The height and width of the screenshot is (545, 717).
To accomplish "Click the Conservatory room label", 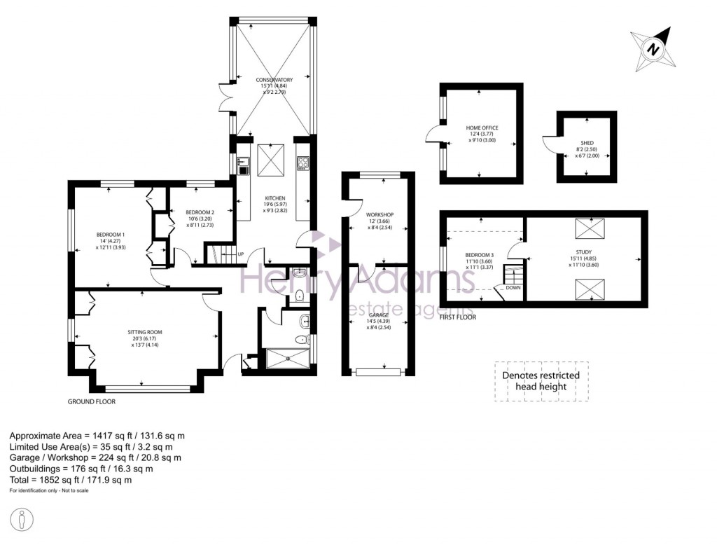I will [x=274, y=80].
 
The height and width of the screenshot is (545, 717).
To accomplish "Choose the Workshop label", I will [x=380, y=214].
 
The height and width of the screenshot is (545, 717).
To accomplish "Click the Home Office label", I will [x=482, y=127].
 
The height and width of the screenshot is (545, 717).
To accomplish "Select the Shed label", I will [x=587, y=143].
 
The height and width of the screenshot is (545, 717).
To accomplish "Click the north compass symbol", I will [x=652, y=48].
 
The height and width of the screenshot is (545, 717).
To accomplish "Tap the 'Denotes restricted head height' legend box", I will [x=541, y=380].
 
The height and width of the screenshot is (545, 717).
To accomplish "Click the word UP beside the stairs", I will [x=240, y=254].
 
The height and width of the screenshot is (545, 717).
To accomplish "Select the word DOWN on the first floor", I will [x=513, y=287].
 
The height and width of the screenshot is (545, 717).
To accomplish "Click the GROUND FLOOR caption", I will [x=91, y=402].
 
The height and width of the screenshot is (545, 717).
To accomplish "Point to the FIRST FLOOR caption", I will [x=457, y=317].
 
